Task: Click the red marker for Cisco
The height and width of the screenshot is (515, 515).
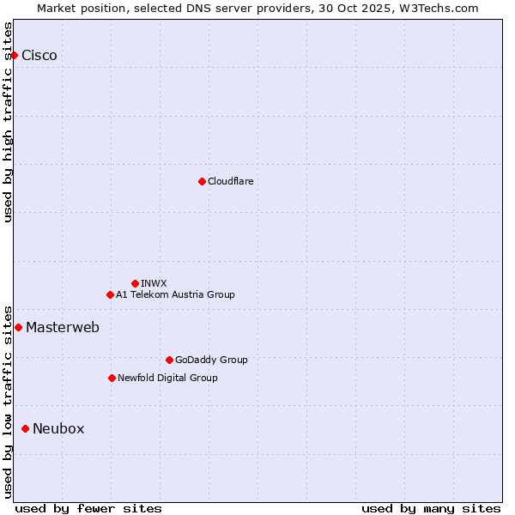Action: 14,55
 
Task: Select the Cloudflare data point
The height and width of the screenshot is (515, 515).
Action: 202,181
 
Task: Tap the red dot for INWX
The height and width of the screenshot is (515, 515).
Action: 135,283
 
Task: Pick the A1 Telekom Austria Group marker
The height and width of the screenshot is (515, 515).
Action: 110,294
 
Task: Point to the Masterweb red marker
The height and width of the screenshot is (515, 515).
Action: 18,327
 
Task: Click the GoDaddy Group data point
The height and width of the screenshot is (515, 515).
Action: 169,360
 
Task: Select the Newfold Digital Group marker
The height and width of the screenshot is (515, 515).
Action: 112,378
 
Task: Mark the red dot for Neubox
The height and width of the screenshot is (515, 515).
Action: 25,428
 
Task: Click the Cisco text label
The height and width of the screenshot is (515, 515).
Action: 39,56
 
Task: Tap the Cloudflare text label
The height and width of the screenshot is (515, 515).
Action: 230,181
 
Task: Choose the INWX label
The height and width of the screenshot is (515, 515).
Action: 154,283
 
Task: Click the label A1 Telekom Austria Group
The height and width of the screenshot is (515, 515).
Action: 175,294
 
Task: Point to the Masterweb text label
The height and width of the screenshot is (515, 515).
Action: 63,327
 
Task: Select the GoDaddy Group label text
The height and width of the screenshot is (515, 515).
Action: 211,360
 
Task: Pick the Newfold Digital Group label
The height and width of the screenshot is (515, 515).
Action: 167,378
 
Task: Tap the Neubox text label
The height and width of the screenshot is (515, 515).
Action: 58,428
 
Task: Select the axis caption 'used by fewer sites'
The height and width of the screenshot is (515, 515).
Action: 88,508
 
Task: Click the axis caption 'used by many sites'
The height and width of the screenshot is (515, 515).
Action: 431,508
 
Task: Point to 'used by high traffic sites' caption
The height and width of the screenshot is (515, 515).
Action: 9,122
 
